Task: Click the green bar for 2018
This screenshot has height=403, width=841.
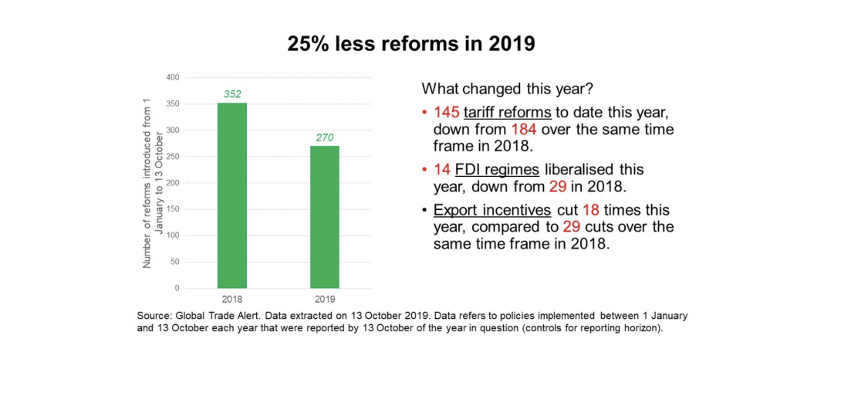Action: (231, 195)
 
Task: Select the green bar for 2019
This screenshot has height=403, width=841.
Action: (325, 217)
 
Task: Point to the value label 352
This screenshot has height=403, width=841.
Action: (231, 95)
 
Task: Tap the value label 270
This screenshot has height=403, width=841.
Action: (325, 138)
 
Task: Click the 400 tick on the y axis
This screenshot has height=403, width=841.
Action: (174, 78)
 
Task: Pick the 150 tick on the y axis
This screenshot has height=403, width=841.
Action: (174, 209)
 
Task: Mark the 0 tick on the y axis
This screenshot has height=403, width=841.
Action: (177, 288)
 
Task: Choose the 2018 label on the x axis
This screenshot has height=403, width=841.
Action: (231, 298)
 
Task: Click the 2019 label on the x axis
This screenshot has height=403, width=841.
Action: (325, 298)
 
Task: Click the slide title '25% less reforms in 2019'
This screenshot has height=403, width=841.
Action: (411, 44)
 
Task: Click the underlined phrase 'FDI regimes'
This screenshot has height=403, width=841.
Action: (498, 170)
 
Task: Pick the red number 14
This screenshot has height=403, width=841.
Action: (441, 170)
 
